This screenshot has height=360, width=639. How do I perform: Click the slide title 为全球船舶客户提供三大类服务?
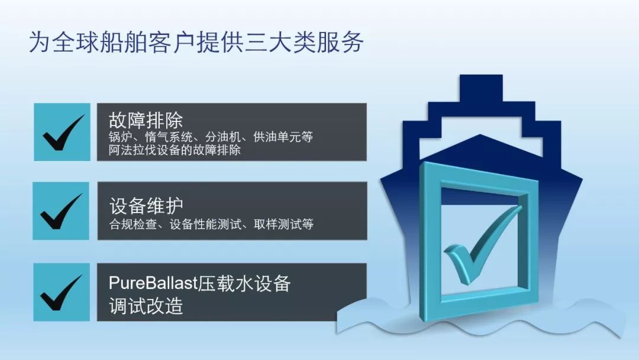196,42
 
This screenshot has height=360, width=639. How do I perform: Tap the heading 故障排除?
146,120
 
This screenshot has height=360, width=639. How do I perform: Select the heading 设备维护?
146,206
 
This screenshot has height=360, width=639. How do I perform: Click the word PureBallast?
153,284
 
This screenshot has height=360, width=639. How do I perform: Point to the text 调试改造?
146,306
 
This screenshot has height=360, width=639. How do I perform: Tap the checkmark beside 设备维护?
62,211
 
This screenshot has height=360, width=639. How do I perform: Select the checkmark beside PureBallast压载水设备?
62,292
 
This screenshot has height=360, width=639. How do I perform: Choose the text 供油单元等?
283,137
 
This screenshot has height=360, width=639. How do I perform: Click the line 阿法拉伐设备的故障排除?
175,150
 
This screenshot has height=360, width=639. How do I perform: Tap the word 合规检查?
133,224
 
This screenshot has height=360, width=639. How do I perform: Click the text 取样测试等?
283,224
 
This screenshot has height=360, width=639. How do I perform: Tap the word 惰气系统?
169,137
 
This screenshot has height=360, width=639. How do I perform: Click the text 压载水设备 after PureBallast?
244,284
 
